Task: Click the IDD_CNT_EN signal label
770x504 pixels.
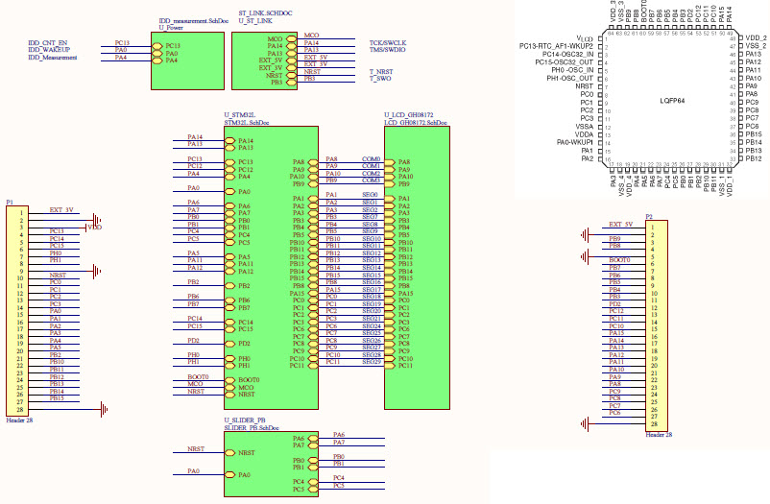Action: click(x=48, y=43)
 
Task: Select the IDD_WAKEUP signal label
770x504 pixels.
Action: click(x=48, y=51)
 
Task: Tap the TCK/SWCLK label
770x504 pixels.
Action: click(x=388, y=43)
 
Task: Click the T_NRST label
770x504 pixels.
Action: click(x=381, y=72)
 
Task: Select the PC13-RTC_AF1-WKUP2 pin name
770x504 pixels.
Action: click(x=556, y=46)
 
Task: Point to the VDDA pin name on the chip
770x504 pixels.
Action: click(x=584, y=134)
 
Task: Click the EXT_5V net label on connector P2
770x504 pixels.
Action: click(x=623, y=224)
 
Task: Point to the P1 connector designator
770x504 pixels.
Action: click(x=10, y=202)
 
